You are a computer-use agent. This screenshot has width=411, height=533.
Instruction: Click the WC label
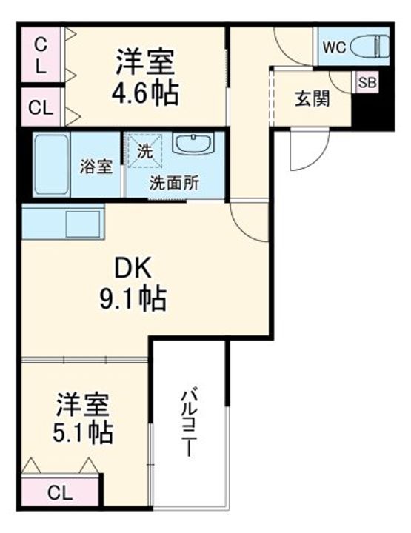[334, 47]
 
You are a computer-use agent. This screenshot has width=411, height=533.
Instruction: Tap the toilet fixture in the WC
[370, 47]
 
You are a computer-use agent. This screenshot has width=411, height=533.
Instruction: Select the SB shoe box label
[367, 82]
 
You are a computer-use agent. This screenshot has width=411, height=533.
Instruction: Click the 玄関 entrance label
[312, 99]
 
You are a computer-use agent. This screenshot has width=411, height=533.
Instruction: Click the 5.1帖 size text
[83, 432]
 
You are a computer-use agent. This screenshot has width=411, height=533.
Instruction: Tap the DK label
[133, 269]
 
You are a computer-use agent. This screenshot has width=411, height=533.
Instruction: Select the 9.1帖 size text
[133, 298]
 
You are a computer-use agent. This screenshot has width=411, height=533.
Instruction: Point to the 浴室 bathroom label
[96, 167]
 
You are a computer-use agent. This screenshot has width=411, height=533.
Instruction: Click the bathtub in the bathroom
[52, 164]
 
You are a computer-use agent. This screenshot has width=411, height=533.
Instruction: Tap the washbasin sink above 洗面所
[194, 143]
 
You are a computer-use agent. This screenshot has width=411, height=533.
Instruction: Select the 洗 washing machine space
[144, 151]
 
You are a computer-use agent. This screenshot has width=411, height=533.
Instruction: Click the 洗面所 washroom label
[174, 184]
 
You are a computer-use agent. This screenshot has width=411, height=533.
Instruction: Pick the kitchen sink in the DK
[83, 224]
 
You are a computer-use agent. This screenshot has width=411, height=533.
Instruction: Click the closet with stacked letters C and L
[41, 55]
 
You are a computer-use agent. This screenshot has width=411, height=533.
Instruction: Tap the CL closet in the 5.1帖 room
[60, 493]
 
